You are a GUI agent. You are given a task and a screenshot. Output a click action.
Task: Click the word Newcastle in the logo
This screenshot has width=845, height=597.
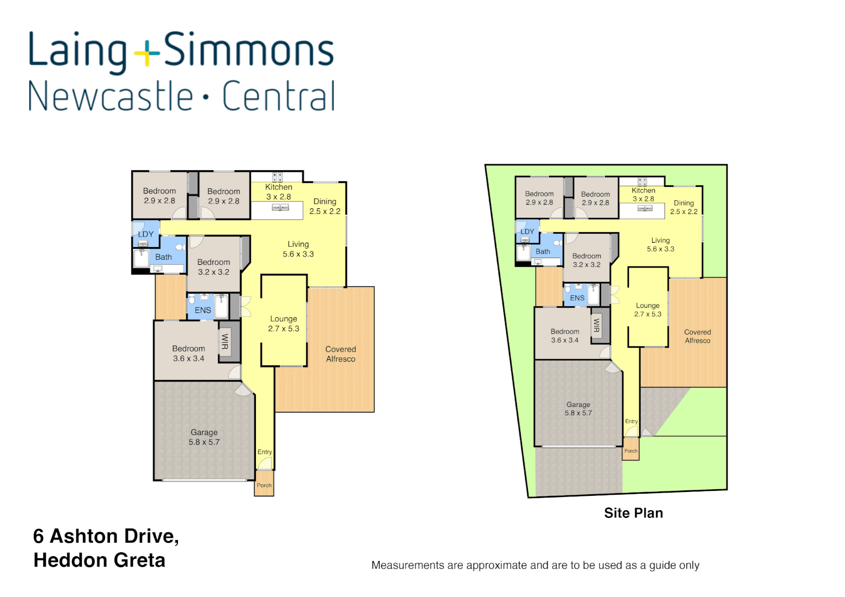[x=111, y=96]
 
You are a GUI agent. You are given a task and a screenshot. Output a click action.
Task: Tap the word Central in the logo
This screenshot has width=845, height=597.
[x=279, y=96]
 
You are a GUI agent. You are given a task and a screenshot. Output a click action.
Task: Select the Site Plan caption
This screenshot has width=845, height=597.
[x=633, y=513]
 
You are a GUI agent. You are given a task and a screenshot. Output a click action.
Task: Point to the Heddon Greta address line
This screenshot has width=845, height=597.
[x=99, y=560]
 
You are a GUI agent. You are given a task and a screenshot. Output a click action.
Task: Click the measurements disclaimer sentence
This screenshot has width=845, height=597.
[x=535, y=565]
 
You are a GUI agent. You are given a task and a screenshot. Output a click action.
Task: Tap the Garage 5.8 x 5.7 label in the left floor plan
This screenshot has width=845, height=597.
[x=204, y=437]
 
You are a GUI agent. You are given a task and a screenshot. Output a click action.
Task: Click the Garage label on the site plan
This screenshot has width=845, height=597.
[x=578, y=409]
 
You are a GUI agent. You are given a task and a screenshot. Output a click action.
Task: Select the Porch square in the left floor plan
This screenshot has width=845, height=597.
[x=264, y=484]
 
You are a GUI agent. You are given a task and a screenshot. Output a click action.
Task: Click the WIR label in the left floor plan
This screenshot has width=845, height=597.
[x=225, y=342]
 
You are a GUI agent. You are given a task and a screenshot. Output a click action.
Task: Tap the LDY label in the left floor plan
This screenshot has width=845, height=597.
[x=146, y=234]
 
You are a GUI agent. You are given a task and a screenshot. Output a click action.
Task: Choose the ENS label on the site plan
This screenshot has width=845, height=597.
[x=577, y=298]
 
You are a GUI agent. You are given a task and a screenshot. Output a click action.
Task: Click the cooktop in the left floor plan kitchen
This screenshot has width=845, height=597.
[x=277, y=177]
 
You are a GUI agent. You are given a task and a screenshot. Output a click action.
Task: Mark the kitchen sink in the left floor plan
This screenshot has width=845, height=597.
[x=281, y=208]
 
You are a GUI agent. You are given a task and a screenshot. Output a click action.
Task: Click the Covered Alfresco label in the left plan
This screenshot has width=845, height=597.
[x=340, y=354]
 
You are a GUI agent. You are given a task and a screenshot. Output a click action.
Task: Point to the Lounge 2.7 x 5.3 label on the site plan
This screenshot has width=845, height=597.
[x=648, y=310]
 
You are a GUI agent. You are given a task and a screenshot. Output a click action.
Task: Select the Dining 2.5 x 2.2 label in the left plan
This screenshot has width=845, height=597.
[x=325, y=206]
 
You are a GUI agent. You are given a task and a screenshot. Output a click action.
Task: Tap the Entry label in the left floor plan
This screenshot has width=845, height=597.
[x=265, y=452]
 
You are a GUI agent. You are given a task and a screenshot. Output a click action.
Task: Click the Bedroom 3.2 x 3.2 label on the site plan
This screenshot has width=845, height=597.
[x=586, y=260]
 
